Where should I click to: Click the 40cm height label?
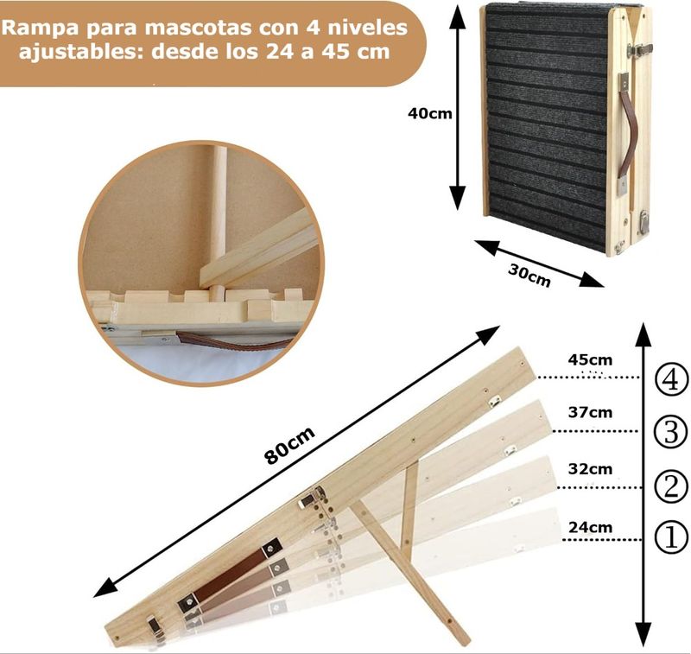pyautogui.click(x=429, y=113)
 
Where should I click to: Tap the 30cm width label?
pyautogui.click(x=529, y=275)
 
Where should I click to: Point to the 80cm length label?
pyautogui.click(x=289, y=445)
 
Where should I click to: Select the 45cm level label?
pyautogui.click(x=590, y=359)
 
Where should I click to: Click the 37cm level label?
pyautogui.click(x=590, y=412)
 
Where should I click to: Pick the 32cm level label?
pyautogui.click(x=590, y=469)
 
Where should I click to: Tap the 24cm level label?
pyautogui.click(x=590, y=527)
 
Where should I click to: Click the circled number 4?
pyautogui.click(x=671, y=380)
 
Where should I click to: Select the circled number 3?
pyautogui.click(x=671, y=431)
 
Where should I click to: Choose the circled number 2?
pyautogui.click(x=671, y=486)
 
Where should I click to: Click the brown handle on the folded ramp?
pyautogui.click(x=628, y=133)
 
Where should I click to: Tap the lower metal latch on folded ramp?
pyautogui.click(x=643, y=222)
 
